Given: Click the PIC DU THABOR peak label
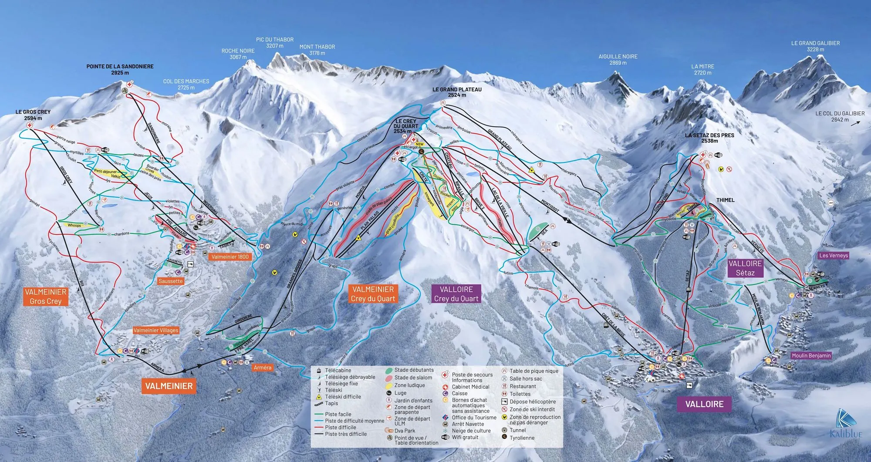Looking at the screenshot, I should (x=275, y=43).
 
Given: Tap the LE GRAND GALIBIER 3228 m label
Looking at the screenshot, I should (x=815, y=46).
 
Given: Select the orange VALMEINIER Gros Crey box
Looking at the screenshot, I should (x=46, y=297).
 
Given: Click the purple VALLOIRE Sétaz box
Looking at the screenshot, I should (x=745, y=268).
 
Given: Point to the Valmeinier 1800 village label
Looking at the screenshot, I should (x=230, y=257).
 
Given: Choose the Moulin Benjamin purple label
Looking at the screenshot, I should (x=811, y=356).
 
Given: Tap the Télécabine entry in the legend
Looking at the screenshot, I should (x=338, y=371).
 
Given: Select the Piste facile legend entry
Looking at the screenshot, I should (x=338, y=414).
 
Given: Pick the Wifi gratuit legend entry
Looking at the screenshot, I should (x=465, y=437).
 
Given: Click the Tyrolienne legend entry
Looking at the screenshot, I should (x=522, y=438).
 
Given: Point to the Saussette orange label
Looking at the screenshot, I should (x=171, y=281).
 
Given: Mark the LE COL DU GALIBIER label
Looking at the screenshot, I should (x=840, y=116).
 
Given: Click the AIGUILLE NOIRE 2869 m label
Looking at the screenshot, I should (x=618, y=60).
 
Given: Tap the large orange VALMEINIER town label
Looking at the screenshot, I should (x=169, y=386).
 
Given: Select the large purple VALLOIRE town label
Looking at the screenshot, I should (x=704, y=404).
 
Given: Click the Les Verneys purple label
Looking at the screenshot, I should (x=834, y=256).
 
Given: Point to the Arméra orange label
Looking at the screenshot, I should (x=262, y=368).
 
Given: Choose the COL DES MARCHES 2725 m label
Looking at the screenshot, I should (x=186, y=84).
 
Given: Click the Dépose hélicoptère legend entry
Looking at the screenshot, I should (x=532, y=401).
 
